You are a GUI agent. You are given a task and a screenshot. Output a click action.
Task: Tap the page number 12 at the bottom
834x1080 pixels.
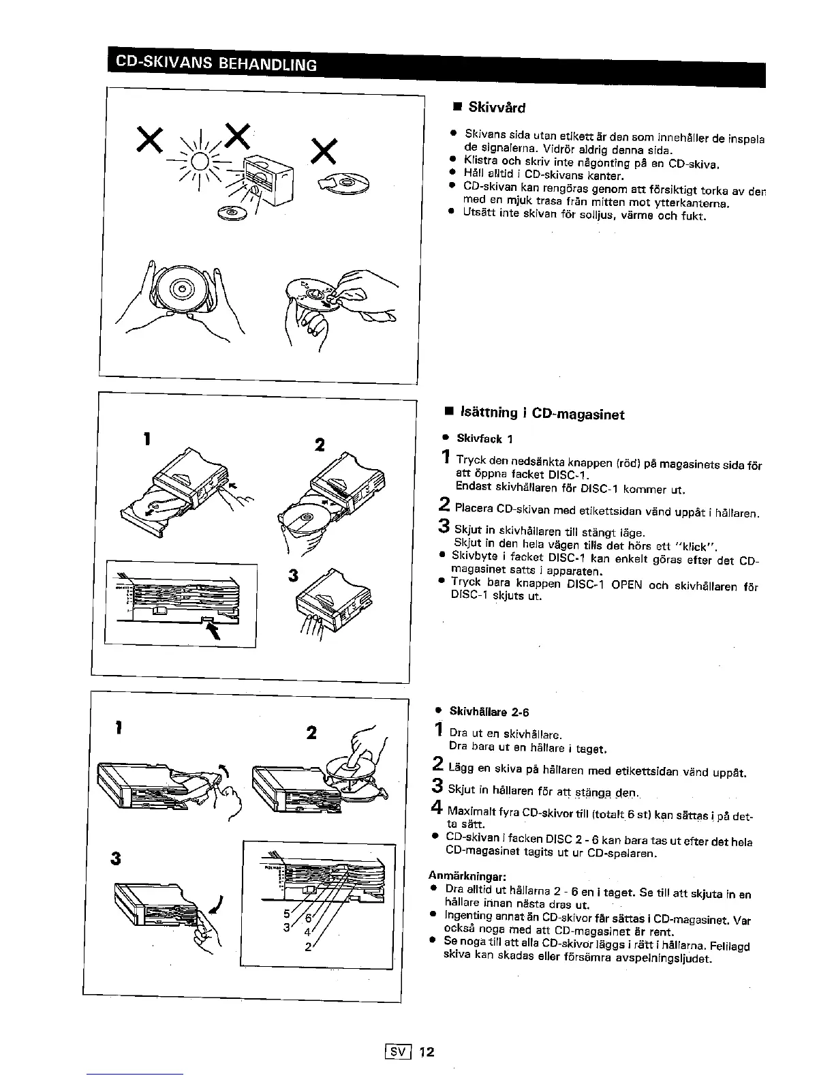(x=427, y=1051)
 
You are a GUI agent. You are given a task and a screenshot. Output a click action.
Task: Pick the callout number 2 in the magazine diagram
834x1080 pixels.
(x=307, y=946)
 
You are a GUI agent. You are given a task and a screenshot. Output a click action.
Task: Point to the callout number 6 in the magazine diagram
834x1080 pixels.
(x=309, y=918)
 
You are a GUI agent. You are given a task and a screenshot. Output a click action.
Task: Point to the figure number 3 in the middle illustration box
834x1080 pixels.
(x=294, y=575)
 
